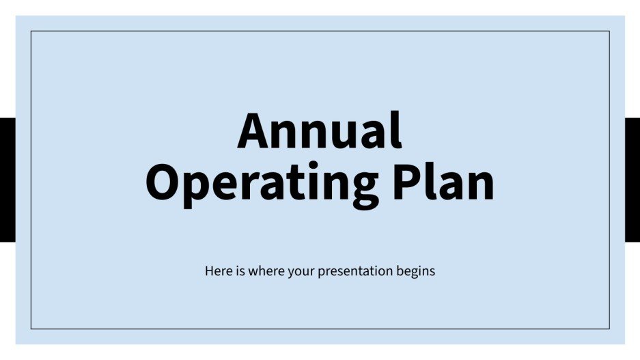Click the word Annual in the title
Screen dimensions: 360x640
coord(320,131)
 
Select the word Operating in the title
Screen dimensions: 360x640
coord(263,183)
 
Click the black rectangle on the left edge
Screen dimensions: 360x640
coord(7,180)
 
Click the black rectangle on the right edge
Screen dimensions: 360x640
coord(632,180)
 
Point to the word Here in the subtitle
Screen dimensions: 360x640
coord(217,271)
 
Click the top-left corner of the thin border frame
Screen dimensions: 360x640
coord(31,31)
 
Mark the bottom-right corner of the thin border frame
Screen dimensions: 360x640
coord(609,329)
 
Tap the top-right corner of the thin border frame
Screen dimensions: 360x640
coord(609,31)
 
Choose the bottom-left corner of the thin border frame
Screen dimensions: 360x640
coord(31,329)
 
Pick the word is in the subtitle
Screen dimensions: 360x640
coord(238,271)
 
